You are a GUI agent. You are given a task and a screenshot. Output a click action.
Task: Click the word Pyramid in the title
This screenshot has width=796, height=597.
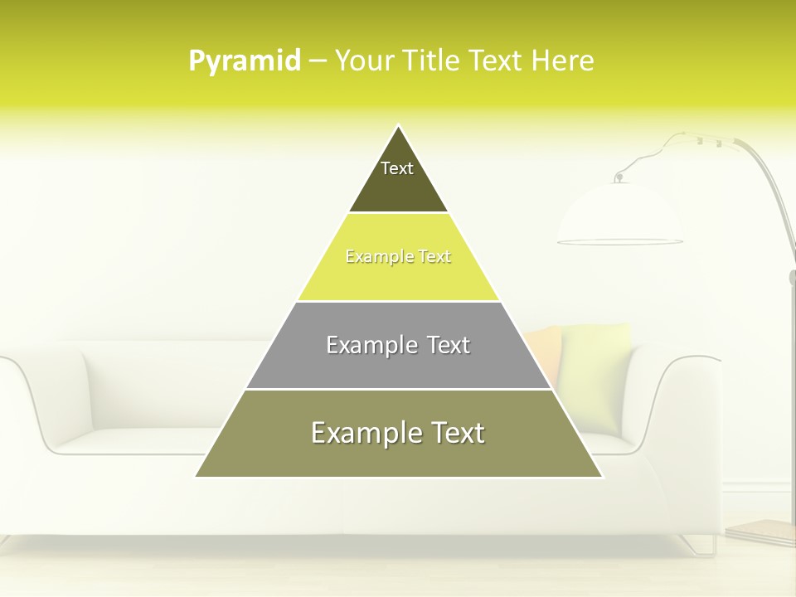click(x=245, y=61)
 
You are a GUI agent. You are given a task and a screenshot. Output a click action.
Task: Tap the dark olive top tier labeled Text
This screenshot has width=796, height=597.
click(x=398, y=178)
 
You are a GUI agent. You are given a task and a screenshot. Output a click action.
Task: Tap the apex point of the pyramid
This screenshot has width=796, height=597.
click(x=399, y=127)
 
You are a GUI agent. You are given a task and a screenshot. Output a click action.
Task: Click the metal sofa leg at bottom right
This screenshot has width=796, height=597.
click(x=701, y=545)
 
